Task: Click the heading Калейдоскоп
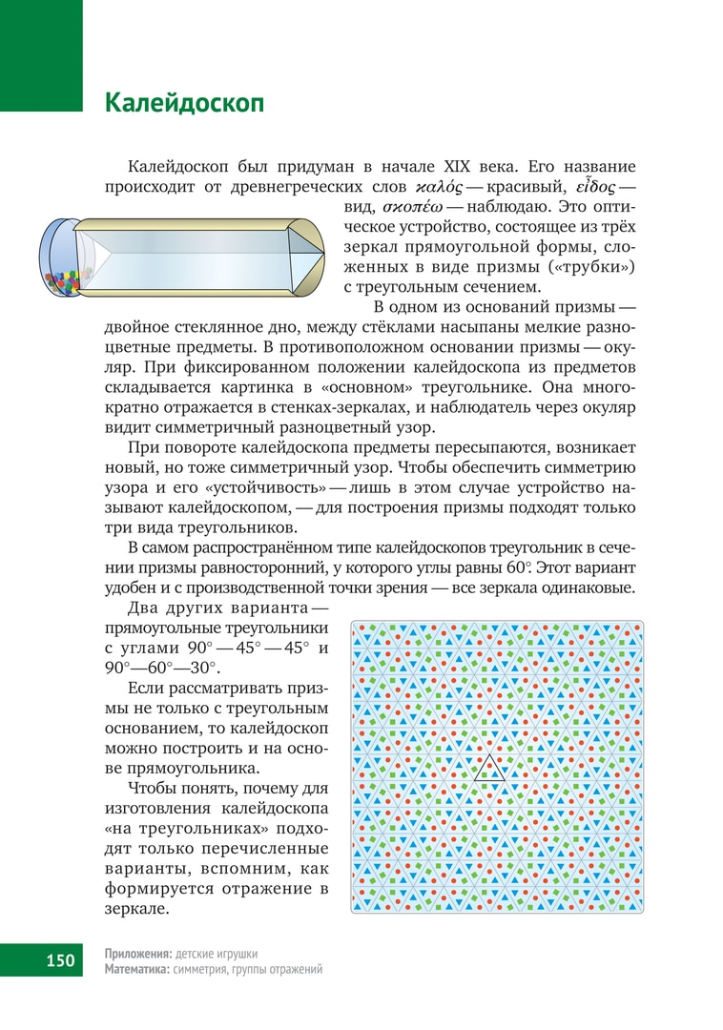(184, 103)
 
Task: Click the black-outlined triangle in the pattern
(490, 768)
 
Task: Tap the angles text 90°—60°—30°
(160, 669)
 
